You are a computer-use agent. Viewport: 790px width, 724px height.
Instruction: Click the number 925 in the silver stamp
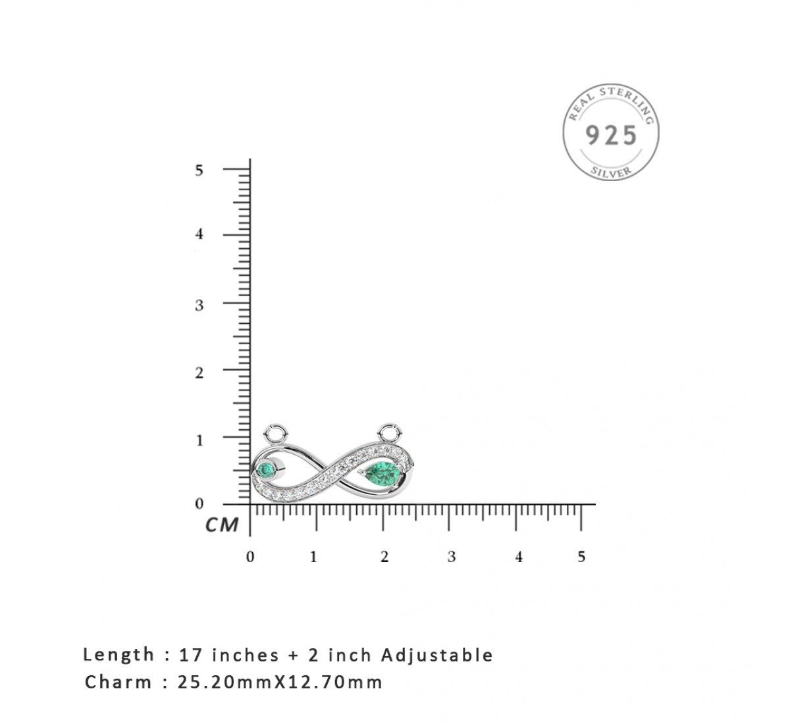tap(611, 135)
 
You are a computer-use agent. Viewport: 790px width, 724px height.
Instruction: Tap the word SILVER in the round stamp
tap(611, 172)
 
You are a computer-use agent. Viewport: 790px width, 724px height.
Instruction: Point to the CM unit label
tap(222, 525)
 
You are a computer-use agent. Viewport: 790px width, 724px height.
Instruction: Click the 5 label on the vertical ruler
tap(199, 170)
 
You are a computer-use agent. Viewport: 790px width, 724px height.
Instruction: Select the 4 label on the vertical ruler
tap(199, 234)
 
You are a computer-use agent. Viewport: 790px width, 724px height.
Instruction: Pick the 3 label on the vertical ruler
tap(199, 305)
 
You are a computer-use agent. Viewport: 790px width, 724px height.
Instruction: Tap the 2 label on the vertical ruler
tap(199, 373)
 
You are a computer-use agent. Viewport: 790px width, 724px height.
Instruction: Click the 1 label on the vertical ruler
tap(199, 440)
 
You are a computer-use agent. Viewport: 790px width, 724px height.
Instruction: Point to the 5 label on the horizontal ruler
tap(581, 557)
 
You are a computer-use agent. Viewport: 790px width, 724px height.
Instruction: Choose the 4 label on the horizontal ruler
tap(519, 557)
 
